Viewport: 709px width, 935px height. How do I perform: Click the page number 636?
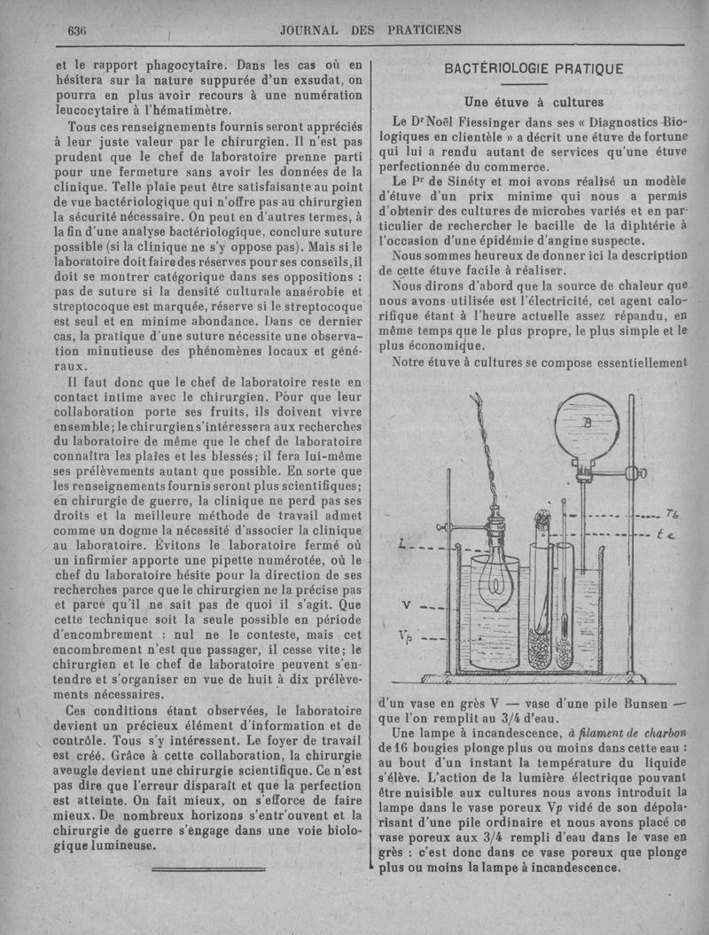click(x=76, y=30)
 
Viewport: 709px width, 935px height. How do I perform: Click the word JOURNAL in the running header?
click(x=309, y=29)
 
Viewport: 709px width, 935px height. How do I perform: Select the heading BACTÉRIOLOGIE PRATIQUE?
click(x=534, y=69)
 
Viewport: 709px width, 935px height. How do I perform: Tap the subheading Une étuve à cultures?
click(x=534, y=100)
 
